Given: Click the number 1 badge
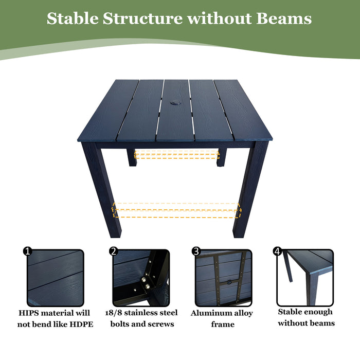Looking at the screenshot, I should click(28, 251).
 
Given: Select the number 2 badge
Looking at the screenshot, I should click(113, 251).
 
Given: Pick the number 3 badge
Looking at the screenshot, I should click(195, 251).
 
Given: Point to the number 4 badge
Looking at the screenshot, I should click(278, 251).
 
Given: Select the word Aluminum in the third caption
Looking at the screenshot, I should click(209, 313).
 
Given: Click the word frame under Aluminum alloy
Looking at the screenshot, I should click(223, 325).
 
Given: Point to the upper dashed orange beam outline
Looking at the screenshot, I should click(176, 154).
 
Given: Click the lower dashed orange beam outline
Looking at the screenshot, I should click(176, 210).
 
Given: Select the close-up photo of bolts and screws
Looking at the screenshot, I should click(140, 278).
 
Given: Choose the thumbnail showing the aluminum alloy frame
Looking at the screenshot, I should click(223, 278).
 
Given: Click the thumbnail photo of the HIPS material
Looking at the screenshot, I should click(55, 278).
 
